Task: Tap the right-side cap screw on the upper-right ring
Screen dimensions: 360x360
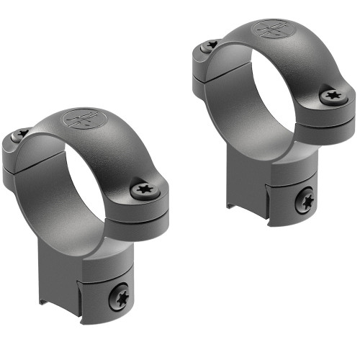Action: point(332,94)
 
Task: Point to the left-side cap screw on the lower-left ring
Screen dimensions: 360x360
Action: point(22,133)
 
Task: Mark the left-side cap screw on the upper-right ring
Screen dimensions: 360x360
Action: point(210,45)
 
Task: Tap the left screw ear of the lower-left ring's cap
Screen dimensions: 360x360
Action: point(17,144)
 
